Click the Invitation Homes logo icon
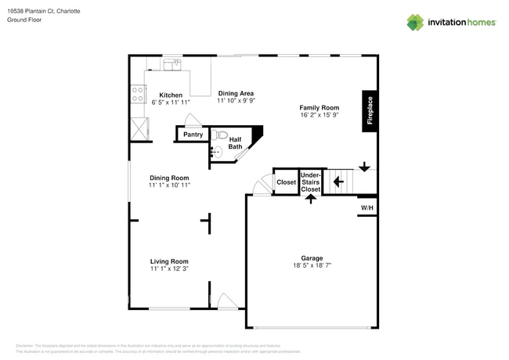point(415,22)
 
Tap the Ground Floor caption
point(26,20)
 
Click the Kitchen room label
point(171,95)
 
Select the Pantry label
point(193,135)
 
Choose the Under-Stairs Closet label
point(311,182)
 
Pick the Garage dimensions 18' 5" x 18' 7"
point(312,266)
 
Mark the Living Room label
point(169,261)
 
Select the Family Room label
point(319,107)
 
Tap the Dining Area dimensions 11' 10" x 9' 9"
point(236,101)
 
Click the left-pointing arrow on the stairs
point(338,182)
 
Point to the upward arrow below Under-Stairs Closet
point(311,199)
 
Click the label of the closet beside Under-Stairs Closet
point(286,182)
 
